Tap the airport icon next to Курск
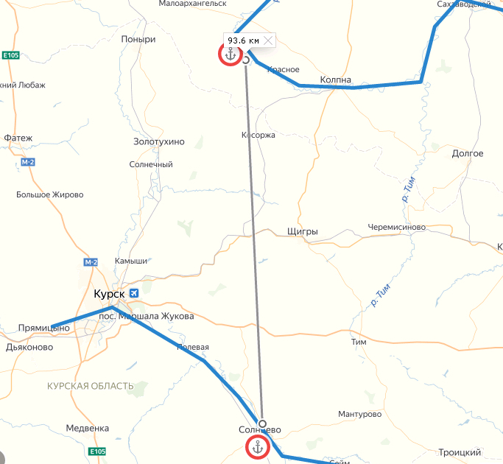pos(134,294)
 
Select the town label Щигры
pos(302,232)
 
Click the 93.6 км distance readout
pos(243,41)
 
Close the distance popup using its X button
pos(268,41)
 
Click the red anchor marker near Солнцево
pos(257,446)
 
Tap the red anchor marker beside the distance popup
pos(230,55)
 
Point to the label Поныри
pos(139,40)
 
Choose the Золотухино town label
pos(159,141)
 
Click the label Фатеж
pos(18,138)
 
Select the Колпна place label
pos(336,80)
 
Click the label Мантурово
pos(360,415)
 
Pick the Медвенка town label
pos(87,428)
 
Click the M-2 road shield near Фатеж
pos(28,162)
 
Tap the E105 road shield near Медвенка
pos(97,451)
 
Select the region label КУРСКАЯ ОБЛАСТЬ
pos(91,386)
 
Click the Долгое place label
pos(467,153)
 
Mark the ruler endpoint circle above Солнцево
pos(262,423)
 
